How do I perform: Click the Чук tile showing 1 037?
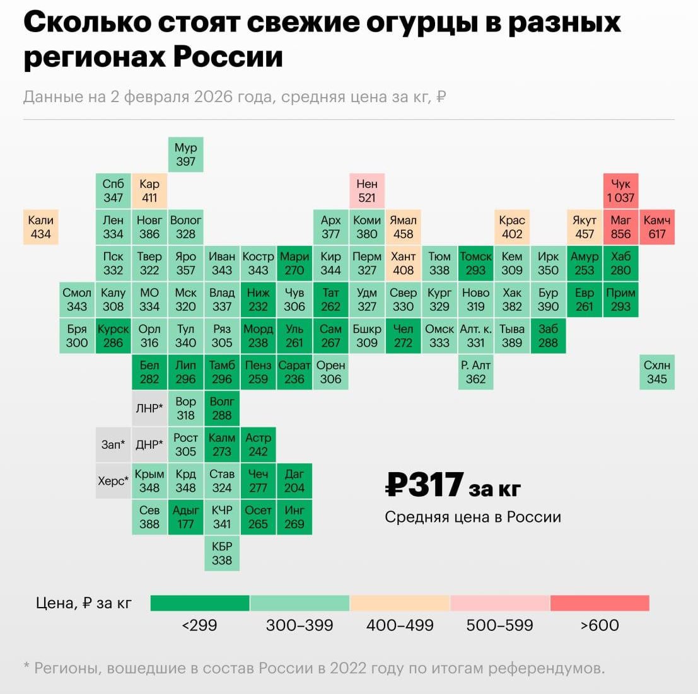tap(620, 190)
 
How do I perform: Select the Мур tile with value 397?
tap(185, 154)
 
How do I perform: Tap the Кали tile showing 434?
tap(40, 227)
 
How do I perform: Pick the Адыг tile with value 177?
tap(185, 517)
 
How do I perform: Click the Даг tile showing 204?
tap(294, 480)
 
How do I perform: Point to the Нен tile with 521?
tap(367, 190)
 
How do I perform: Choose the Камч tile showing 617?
tap(657, 227)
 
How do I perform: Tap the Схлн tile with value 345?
tap(657, 372)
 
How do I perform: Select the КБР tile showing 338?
tap(222, 553)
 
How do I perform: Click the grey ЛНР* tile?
tap(149, 408)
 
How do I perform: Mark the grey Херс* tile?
tap(113, 481)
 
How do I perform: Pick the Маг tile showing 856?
tap(620, 227)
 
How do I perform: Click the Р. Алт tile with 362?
tap(475, 372)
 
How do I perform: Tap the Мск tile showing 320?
tap(185, 299)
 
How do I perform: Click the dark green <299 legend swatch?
tap(200, 603)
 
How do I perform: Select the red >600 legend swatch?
tap(599, 603)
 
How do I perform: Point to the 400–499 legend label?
tap(400, 625)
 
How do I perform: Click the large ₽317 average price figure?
tap(426, 485)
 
